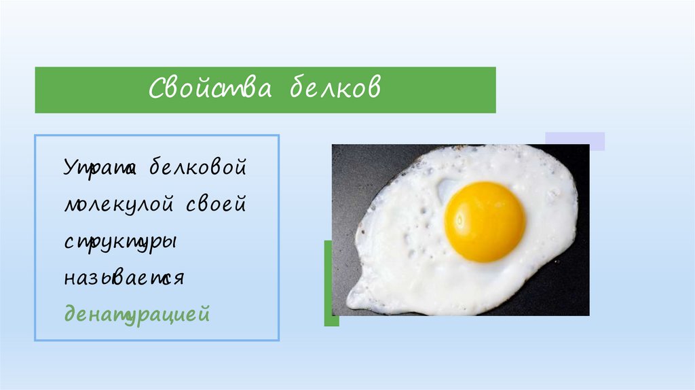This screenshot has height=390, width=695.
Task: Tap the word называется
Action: pyautogui.click(x=125, y=279)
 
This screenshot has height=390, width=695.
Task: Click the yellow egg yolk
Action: pyautogui.click(x=485, y=221)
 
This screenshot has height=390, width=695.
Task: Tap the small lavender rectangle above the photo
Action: pyautogui.click(x=575, y=141)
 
